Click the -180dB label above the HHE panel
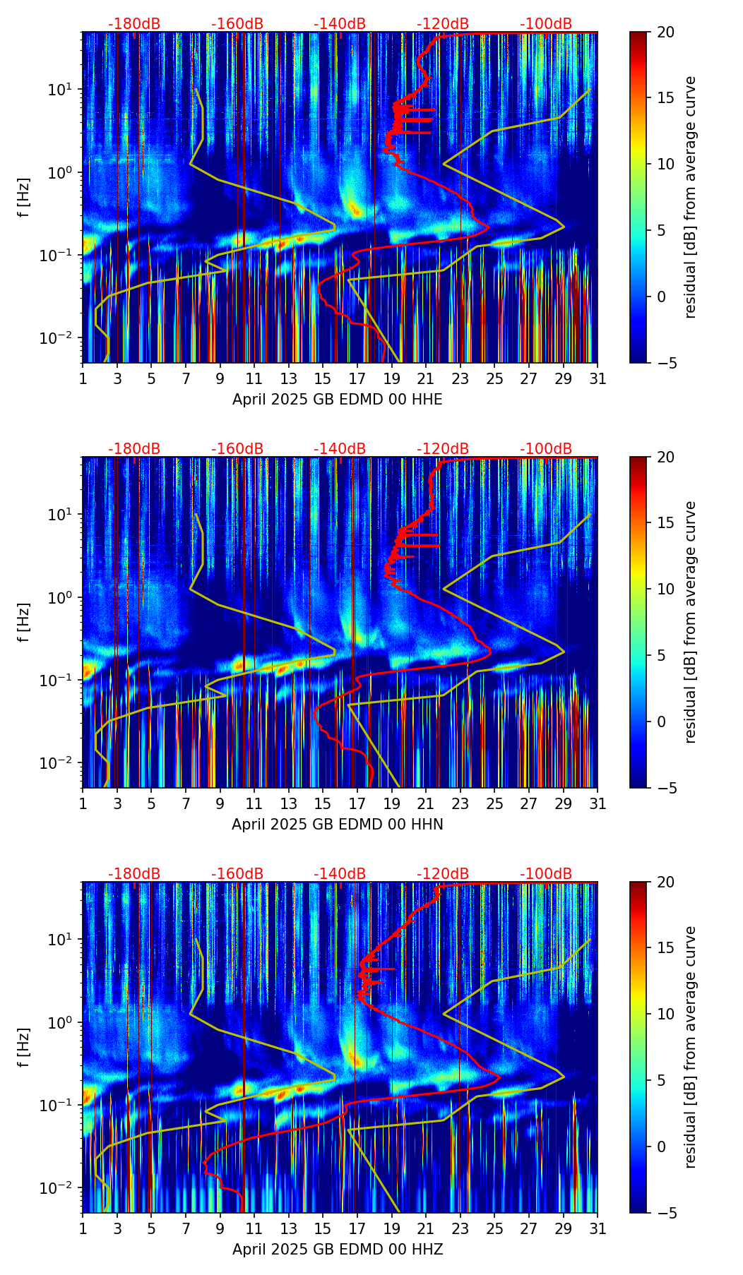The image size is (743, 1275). click(x=134, y=24)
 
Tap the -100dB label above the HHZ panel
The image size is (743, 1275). click(x=546, y=874)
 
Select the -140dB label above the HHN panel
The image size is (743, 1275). click(x=340, y=449)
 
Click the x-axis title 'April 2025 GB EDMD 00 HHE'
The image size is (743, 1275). click(x=338, y=400)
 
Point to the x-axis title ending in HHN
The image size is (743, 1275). click(x=338, y=825)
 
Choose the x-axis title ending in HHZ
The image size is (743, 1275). click(x=338, y=1250)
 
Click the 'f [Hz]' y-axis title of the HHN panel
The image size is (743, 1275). click(x=24, y=622)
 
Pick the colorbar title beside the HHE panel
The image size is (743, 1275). click(x=691, y=197)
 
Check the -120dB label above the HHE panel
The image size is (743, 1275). click(x=443, y=24)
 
